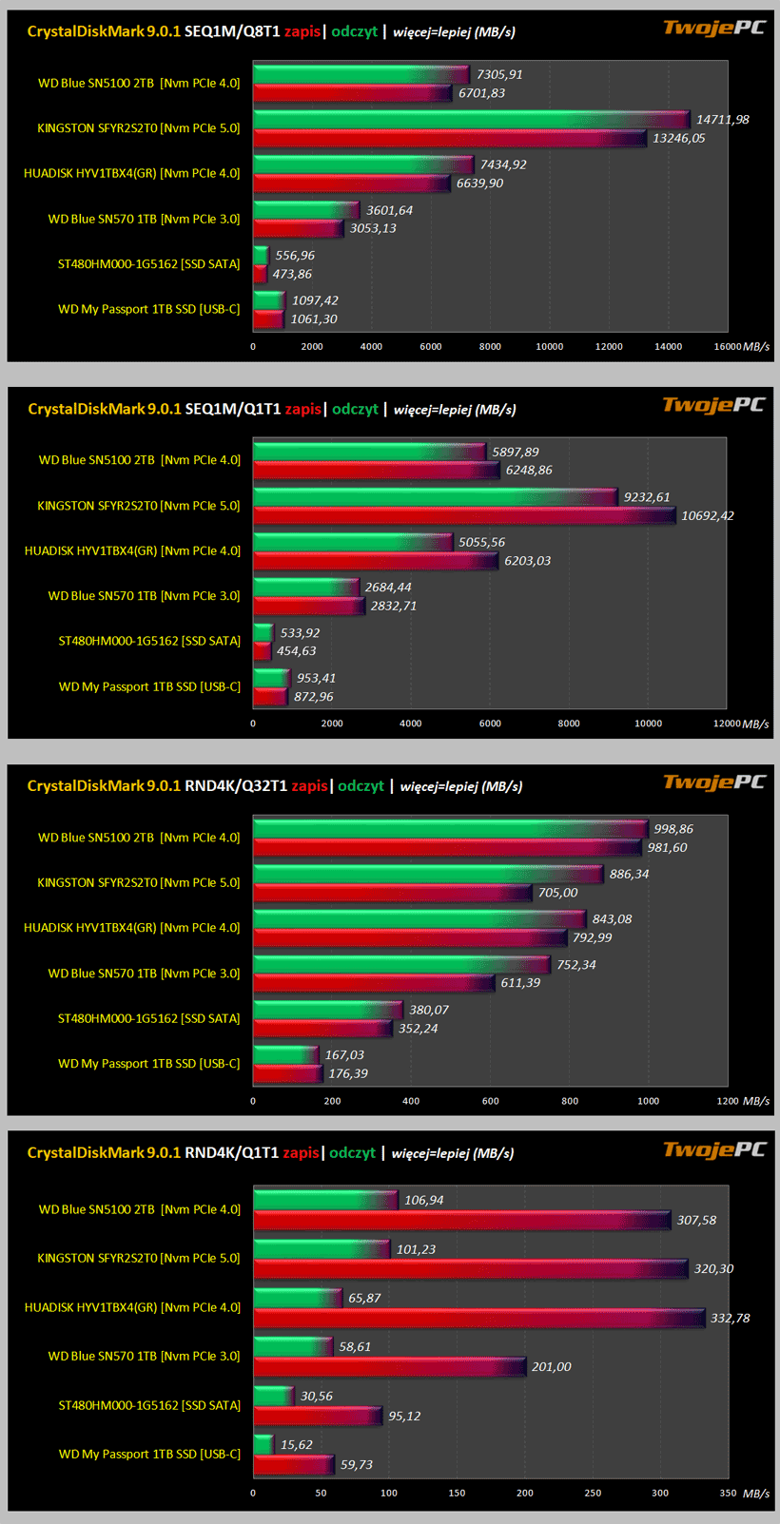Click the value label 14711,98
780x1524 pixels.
point(722,120)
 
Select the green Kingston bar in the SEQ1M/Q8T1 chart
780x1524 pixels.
point(471,120)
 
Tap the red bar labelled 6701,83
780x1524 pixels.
point(352,93)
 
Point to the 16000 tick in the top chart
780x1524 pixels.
point(728,347)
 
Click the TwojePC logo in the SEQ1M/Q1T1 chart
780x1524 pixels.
point(713,406)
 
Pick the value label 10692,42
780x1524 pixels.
point(707,516)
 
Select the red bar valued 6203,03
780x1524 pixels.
point(376,561)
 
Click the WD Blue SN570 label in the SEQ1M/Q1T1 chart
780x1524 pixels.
point(144,596)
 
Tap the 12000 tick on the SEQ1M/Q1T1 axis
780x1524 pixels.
point(727,724)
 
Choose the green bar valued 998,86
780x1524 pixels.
point(450,829)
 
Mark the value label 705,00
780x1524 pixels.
point(557,893)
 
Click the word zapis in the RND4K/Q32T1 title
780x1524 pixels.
point(309,786)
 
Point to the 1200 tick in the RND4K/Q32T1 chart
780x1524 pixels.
point(727,1102)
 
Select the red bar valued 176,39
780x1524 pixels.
point(288,1074)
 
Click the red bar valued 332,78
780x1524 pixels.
point(479,1319)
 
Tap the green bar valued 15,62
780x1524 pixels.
point(263,1445)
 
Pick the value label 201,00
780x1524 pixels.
point(551,1367)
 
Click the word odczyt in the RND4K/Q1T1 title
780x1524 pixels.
point(352,1153)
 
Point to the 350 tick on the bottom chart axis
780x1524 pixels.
point(727,1494)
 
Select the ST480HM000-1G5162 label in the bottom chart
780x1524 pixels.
point(149,1405)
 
